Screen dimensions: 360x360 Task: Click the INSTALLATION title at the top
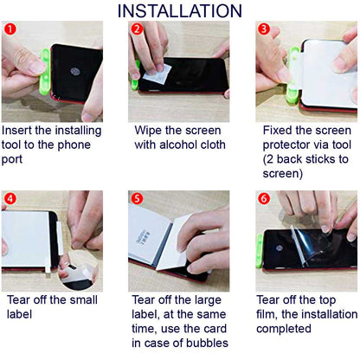[x=179, y=10]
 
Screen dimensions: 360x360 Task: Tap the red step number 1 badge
[x=10, y=29]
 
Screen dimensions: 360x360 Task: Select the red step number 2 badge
[x=137, y=29]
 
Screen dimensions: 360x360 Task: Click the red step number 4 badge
[x=10, y=198]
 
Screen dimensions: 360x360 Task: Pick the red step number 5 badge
[x=137, y=198]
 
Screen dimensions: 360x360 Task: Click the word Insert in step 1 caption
[x=22, y=131]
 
